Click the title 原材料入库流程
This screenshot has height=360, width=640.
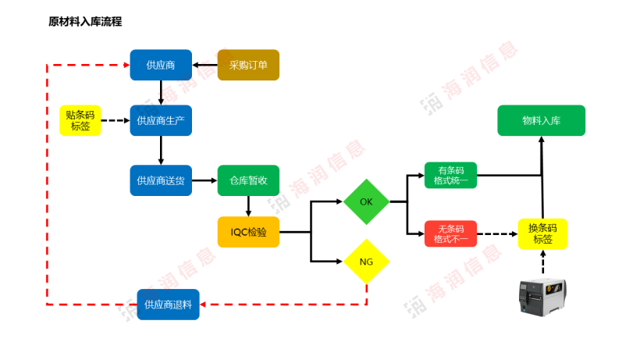click(85, 22)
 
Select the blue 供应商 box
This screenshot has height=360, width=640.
click(161, 65)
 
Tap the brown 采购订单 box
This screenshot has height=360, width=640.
click(248, 65)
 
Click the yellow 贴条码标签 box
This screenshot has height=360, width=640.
click(80, 120)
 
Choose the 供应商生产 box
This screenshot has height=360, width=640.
click(161, 120)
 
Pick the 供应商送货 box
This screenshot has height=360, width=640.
click(161, 180)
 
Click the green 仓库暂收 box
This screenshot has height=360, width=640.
click(248, 180)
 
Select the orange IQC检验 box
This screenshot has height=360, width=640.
click(248, 232)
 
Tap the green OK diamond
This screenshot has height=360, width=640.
click(366, 201)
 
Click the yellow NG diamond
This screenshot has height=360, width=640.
click(366, 262)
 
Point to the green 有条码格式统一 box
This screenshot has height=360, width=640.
click(450, 175)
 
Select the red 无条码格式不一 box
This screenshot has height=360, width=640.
click(450, 233)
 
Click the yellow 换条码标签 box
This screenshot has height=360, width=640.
click(542, 233)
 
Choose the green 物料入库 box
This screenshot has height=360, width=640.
click(541, 120)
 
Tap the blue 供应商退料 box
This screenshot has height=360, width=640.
click(168, 305)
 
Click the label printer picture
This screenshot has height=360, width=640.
click(542, 298)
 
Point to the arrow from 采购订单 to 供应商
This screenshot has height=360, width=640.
click(205, 65)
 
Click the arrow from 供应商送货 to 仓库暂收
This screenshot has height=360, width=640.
click(204, 180)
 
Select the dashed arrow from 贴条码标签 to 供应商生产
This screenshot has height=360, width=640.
click(116, 120)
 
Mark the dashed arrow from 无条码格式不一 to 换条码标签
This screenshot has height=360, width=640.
click(497, 233)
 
